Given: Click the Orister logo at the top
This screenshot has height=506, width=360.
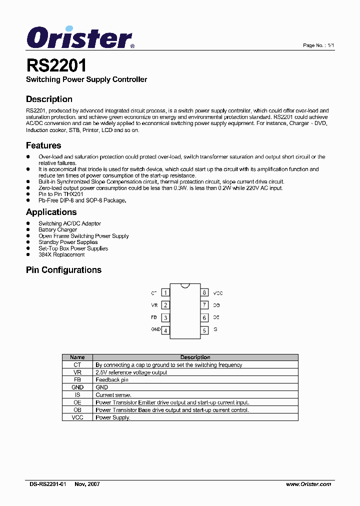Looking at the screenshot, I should (x=80, y=37).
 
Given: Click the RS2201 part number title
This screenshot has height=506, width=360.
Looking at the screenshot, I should (x=56, y=65).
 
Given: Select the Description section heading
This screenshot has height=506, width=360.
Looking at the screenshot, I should (x=49, y=99).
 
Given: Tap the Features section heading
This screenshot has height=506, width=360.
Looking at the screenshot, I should (x=43, y=145).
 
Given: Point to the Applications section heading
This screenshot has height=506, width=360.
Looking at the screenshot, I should (x=51, y=211).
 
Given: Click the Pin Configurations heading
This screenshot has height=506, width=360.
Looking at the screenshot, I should (x=63, y=270).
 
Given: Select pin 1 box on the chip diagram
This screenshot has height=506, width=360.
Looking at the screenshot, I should (x=165, y=292).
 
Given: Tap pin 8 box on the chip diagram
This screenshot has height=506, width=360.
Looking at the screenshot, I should (x=204, y=292).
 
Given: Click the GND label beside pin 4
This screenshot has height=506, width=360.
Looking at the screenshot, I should (x=155, y=329).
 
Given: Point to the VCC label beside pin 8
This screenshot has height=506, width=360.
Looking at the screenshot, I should (x=218, y=293).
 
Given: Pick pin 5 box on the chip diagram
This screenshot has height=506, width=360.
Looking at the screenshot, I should (x=204, y=330).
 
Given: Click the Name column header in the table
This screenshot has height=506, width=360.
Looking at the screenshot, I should (x=77, y=357).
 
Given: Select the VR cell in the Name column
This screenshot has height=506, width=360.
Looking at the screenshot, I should (x=77, y=372).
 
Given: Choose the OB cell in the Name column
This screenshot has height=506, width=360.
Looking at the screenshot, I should (x=77, y=410).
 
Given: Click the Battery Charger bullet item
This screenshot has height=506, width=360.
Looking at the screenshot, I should (x=58, y=230).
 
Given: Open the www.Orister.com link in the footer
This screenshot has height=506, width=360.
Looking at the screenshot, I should (x=308, y=484).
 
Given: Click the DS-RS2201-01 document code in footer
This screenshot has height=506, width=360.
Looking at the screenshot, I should (x=47, y=484).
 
